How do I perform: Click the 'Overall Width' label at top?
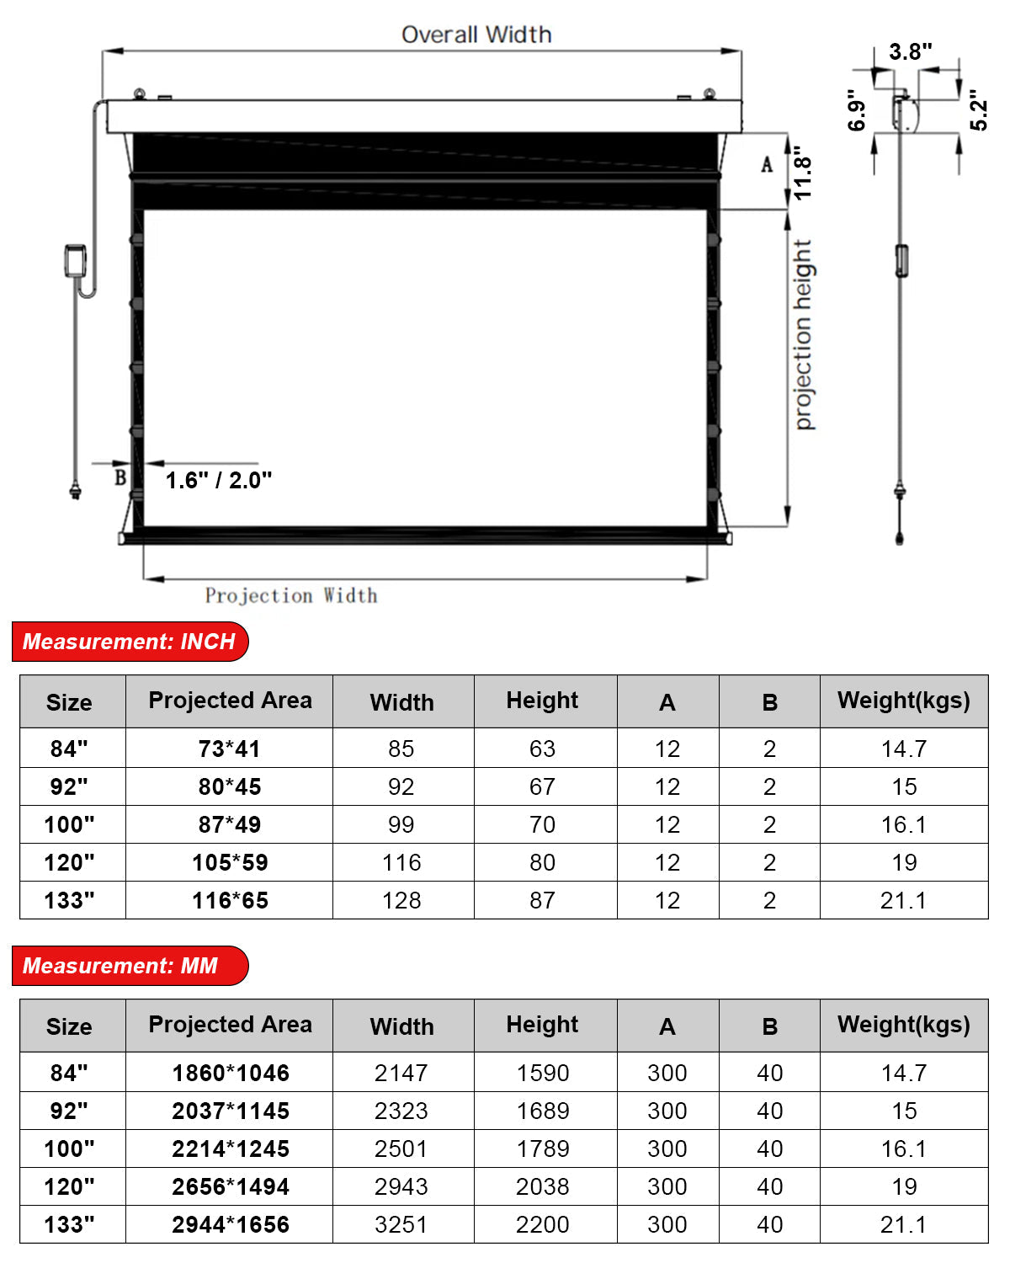tap(476, 35)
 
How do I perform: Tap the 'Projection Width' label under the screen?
tap(291, 596)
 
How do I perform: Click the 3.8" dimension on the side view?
tap(910, 52)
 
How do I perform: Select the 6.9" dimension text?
tap(857, 110)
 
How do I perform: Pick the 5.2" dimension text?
tap(978, 110)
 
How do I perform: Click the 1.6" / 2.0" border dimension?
tap(218, 481)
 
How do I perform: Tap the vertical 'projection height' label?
tap(804, 335)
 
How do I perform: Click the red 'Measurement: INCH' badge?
tap(130, 642)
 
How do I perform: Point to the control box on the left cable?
tap(76, 260)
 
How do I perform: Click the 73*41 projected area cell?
tap(230, 749)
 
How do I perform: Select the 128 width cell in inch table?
tap(401, 901)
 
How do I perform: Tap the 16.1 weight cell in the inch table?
tap(903, 825)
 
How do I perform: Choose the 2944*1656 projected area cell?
tap(230, 1225)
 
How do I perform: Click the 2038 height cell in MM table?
tap(543, 1187)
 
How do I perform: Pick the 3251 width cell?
tap(401, 1225)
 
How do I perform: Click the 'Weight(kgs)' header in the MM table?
tap(903, 1025)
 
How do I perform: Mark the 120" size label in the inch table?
tap(70, 863)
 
